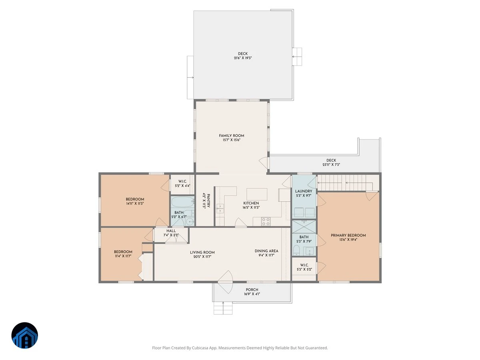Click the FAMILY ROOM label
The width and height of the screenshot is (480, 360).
[x=231, y=136]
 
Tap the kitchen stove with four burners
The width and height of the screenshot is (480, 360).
[x=266, y=222]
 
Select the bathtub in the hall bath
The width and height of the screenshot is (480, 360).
[x=182, y=202]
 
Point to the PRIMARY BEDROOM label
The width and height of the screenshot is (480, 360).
[x=348, y=235]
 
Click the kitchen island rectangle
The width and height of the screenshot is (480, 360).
[x=257, y=194]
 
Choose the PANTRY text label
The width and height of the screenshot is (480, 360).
[x=208, y=200]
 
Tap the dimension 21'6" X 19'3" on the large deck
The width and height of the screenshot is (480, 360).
[x=243, y=58]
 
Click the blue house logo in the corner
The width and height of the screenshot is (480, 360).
[x=25, y=335]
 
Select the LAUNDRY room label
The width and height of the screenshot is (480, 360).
[x=304, y=191]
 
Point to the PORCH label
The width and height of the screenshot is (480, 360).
[x=252, y=290]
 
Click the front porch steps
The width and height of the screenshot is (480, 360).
[x=223, y=308]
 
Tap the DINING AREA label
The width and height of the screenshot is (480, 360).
[x=266, y=251]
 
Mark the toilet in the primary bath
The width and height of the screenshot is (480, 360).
[x=296, y=250]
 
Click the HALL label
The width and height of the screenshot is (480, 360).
[x=171, y=231]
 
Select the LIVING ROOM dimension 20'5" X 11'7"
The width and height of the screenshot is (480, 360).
[x=202, y=257]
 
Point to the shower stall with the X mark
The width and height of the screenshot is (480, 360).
[x=304, y=227]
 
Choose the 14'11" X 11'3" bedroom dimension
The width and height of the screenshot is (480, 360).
[x=135, y=204]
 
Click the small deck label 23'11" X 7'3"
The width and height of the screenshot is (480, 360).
[x=331, y=164]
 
